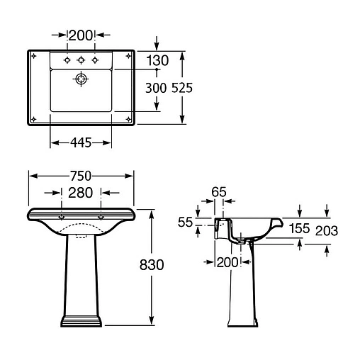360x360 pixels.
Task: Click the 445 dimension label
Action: pos(81,142)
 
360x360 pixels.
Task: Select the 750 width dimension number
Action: pos(81,176)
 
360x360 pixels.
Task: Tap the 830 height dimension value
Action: pos(152,264)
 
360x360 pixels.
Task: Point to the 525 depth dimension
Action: pos(182,88)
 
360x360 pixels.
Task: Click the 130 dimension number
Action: pos(157,60)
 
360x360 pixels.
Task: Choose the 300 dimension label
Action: pos(156,88)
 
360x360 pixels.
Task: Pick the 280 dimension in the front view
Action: pos(81,193)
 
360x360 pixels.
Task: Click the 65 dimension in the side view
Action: pos(219,192)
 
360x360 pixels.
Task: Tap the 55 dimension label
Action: pos(185,222)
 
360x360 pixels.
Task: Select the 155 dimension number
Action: pos(300,228)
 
